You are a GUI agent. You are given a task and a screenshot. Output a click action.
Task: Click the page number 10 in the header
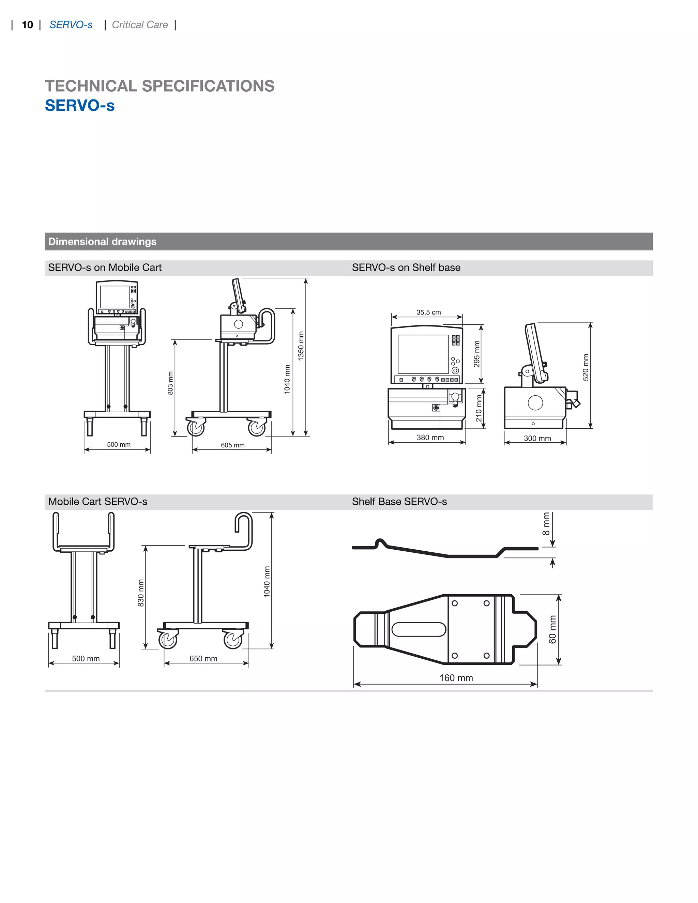click(27, 25)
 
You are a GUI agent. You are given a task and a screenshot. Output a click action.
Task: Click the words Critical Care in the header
click(140, 25)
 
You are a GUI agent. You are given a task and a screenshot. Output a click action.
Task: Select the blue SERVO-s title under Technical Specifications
click(80, 105)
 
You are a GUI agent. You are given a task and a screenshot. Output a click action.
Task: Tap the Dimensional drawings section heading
click(102, 242)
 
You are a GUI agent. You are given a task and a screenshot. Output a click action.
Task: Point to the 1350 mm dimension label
click(301, 346)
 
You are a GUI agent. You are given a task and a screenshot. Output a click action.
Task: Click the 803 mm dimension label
click(170, 383)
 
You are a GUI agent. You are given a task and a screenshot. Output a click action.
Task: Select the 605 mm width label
click(232, 445)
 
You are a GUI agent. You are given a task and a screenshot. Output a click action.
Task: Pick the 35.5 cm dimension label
click(428, 312)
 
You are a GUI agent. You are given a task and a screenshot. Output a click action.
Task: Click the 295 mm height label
click(477, 354)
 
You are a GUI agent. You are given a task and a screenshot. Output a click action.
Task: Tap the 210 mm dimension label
click(479, 408)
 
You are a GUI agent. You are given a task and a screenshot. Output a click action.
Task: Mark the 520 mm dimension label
click(586, 367)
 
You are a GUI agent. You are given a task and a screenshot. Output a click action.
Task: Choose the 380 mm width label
click(430, 438)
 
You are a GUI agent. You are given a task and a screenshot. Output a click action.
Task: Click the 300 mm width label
click(537, 438)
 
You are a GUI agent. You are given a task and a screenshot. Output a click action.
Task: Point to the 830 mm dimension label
click(141, 593)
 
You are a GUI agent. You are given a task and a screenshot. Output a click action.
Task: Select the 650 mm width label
click(203, 659)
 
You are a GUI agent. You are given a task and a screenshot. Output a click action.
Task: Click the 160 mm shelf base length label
click(456, 678)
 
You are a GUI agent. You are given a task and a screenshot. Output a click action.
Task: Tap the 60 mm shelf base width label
click(552, 629)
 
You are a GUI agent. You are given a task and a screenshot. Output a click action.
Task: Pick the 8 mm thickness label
click(546, 524)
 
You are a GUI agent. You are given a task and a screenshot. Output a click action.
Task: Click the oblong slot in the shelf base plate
click(419, 629)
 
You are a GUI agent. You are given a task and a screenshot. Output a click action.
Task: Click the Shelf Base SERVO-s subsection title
click(399, 502)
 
